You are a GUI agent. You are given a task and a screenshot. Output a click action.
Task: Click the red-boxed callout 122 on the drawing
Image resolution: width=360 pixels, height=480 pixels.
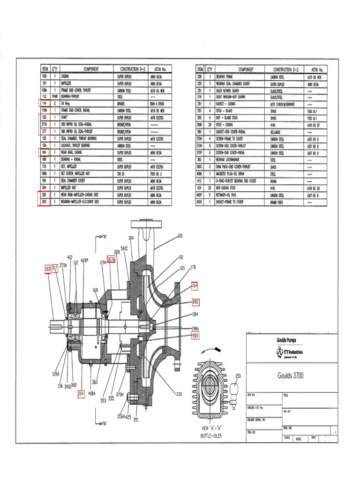[x=47, y=269]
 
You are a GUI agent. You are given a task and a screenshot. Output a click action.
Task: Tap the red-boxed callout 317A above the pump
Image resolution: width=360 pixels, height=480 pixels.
[x=111, y=260]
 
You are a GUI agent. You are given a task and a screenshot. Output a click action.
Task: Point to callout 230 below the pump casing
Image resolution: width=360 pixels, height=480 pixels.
[x=179, y=394]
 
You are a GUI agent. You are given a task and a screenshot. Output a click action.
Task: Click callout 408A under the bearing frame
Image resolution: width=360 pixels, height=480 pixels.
[x=92, y=394]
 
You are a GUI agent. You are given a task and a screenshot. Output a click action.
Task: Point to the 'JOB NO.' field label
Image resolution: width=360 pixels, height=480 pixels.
[x=251, y=396]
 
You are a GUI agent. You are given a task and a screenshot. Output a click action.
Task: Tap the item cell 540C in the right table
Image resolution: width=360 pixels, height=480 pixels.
[x=199, y=202]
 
